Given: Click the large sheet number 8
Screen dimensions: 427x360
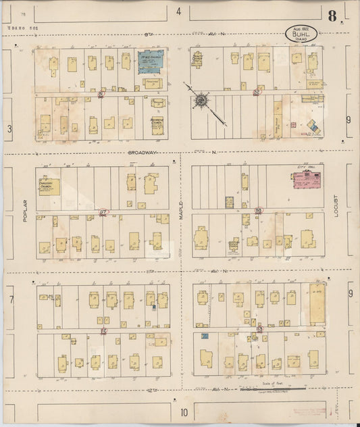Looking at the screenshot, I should click(332, 16).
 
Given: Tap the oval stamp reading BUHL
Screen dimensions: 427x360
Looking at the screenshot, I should click(301, 33).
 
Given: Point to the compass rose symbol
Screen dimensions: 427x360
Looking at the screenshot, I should click(201, 101).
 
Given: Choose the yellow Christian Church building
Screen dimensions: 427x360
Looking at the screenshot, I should click(49, 186).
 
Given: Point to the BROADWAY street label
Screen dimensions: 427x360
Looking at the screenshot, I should click(143, 153).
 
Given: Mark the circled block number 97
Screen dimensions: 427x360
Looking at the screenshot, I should click(103, 211).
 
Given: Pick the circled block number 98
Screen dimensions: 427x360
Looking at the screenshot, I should click(259, 211).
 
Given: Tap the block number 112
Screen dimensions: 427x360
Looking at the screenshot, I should click(103, 331).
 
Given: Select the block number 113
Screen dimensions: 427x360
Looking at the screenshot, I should click(259, 329).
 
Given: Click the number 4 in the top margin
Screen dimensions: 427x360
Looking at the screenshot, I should click(178, 11).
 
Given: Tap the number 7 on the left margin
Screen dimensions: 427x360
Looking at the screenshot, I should click(11, 298).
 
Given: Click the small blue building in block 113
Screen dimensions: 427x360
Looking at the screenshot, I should click(205, 336).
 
